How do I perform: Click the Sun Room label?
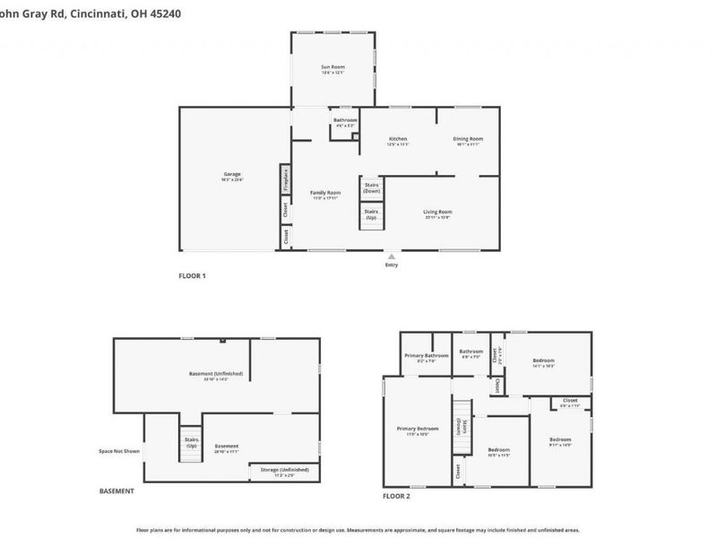coord(333,67)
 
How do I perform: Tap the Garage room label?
coord(232,174)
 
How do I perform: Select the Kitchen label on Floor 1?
coord(398,139)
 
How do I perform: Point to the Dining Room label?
coord(468,139)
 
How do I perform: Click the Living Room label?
coord(437,212)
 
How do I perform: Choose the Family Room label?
coord(325,193)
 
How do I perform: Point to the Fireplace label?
coord(285,180)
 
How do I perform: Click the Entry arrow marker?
coord(392,256)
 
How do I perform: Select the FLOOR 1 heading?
coord(193,276)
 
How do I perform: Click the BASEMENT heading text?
coord(117,491)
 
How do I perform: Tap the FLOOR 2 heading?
coord(396,496)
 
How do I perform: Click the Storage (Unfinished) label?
coord(284,470)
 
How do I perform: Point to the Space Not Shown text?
coord(119,451)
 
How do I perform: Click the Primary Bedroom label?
coord(418,429)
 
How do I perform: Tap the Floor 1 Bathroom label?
coord(345,121)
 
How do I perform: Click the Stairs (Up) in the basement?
coord(191,442)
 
